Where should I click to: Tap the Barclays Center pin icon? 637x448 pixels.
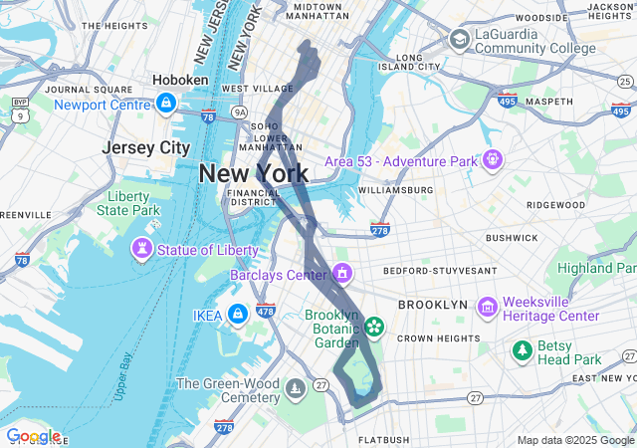tap(342, 273)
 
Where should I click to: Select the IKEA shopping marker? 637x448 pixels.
tap(237, 315)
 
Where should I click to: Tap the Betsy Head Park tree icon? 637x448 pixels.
tap(521, 350)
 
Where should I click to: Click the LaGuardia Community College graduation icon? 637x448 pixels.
tap(459, 39)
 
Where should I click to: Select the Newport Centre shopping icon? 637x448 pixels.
tap(165, 102)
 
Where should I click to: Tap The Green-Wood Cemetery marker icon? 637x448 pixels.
tap(294, 387)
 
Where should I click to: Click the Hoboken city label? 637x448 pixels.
tap(180, 80)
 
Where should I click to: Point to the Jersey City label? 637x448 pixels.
tap(145, 147)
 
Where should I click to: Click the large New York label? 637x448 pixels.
tap(254, 173)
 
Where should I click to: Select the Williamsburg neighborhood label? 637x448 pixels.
tap(395, 189)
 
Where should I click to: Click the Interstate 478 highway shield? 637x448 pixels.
tap(266, 310)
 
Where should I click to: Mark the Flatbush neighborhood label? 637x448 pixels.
tap(384, 439)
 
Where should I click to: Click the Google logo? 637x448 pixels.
tap(33, 436)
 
